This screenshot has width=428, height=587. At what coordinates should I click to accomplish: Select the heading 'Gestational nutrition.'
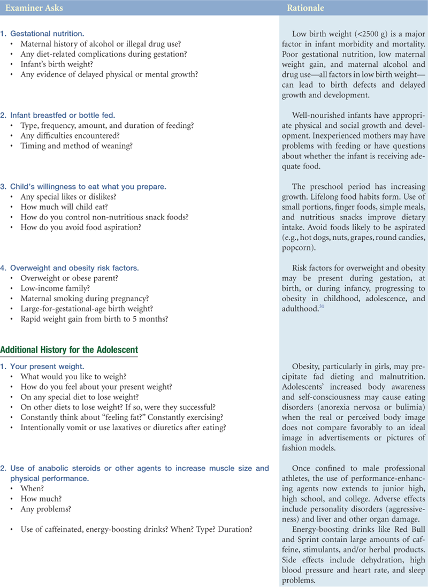[x=47, y=34]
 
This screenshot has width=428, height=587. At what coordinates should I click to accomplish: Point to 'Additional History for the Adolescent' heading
[x=69, y=350]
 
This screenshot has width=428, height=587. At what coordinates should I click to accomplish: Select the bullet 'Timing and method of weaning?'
[x=77, y=146]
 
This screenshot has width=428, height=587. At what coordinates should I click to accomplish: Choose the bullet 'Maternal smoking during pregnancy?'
[x=85, y=298]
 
